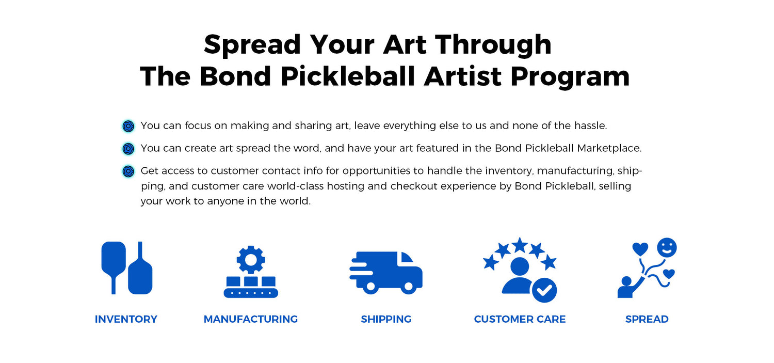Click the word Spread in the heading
pos(253,45)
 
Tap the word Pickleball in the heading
pos(347,77)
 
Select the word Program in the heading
pos(570,77)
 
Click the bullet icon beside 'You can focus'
pos(128,126)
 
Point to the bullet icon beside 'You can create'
pos(128,149)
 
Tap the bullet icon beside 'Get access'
pos(128,171)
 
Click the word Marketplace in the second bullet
pos(609,149)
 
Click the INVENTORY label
pos(126,319)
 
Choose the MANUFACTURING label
pos(250,319)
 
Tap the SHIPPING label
pos(386,319)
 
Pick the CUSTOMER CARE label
pos(520,319)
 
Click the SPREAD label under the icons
pos(647,319)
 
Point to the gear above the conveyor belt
pos(251,260)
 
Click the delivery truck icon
pos(386,273)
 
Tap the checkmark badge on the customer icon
pos(544,290)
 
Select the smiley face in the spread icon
pos(667,247)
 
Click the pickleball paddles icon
pos(127,268)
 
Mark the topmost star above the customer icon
pos(520,245)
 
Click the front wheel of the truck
pos(409,287)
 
